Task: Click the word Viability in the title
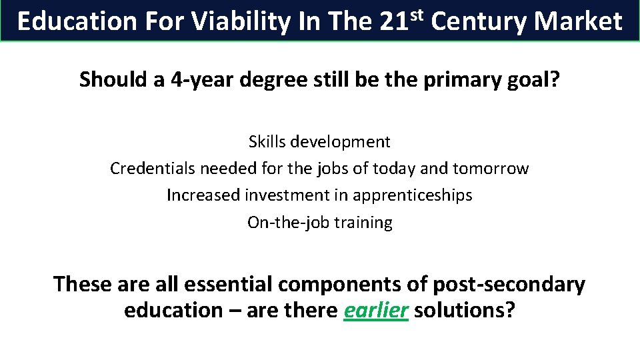tap(241, 22)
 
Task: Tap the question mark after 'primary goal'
tap(555, 80)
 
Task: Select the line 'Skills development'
tap(319, 142)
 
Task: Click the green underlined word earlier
tap(375, 311)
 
